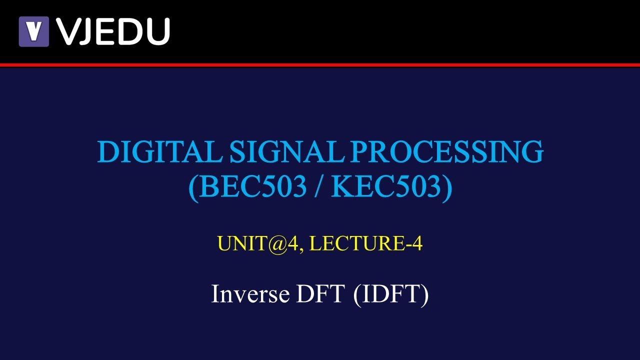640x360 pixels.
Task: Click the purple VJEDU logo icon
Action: (x=34, y=31)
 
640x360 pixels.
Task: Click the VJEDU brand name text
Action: (x=113, y=31)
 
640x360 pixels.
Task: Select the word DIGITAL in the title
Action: (x=159, y=152)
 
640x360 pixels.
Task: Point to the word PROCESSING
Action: (x=446, y=152)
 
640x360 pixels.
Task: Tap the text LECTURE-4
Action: (x=366, y=243)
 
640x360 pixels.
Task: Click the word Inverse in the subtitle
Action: (x=250, y=294)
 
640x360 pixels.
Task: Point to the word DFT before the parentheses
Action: (x=320, y=294)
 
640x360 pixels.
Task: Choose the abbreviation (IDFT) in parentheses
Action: (x=391, y=294)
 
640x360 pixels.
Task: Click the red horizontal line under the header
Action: (x=320, y=65)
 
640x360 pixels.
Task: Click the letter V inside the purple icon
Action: (x=34, y=31)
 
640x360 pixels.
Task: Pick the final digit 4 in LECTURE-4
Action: (x=418, y=243)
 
